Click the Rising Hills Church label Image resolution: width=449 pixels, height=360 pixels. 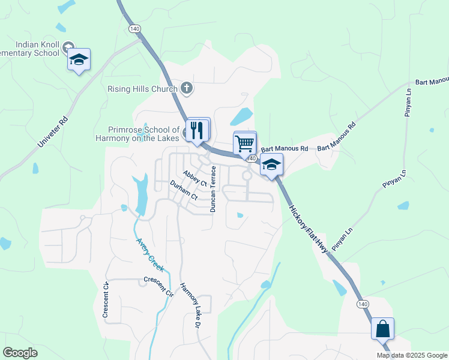coord(142,89)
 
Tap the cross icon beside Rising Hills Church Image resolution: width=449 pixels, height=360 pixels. coord(187,89)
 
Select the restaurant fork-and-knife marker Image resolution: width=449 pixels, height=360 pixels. coord(197,130)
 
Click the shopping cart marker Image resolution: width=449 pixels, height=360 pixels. coord(244,144)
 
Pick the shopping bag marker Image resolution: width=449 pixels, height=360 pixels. coord(382,329)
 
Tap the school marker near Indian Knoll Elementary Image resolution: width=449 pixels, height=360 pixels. coord(79,59)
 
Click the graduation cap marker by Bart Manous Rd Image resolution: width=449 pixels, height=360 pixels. coord(271,165)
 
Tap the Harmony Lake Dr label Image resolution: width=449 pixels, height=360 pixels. coord(189,305)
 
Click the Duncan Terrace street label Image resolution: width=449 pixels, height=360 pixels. coord(212,189)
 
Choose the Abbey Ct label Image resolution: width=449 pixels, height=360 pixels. coord(195,178)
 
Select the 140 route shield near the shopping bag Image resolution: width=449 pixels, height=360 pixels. coord(363,304)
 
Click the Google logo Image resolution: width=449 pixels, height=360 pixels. coord(20,353)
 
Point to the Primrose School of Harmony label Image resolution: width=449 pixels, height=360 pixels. coord(143,134)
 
